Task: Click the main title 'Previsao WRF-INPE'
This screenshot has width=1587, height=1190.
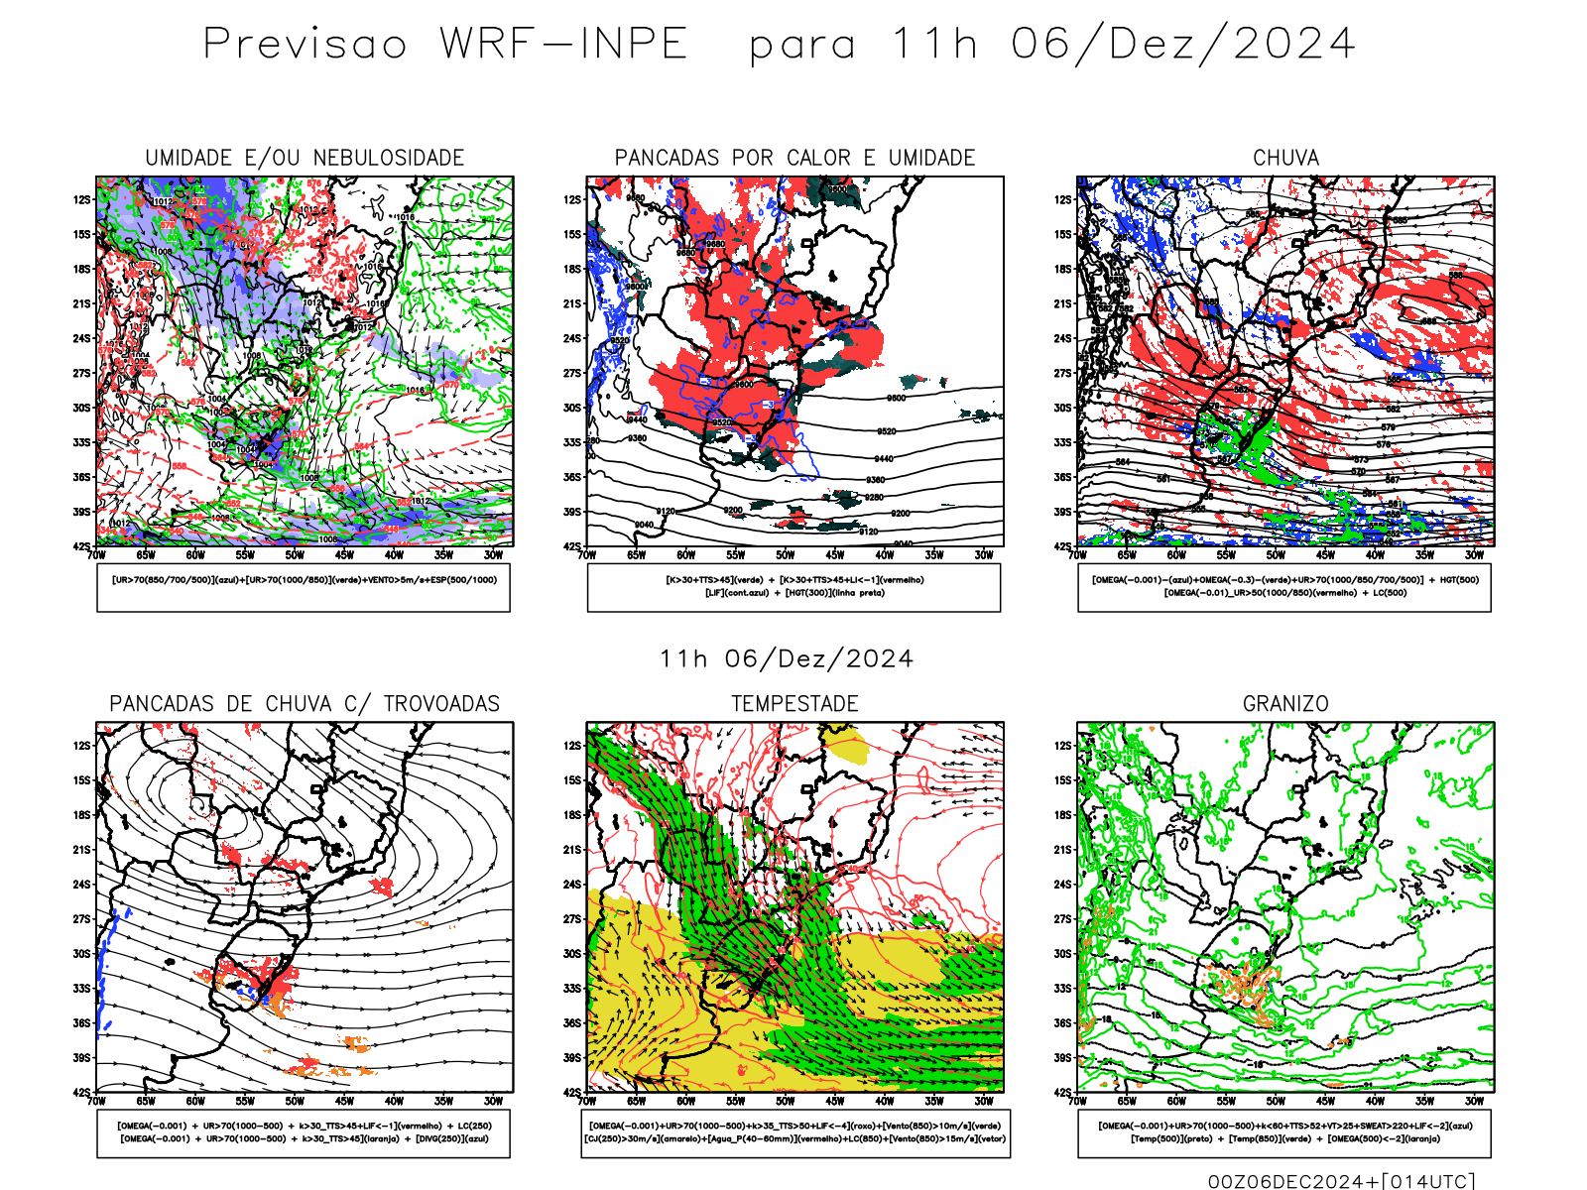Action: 445,45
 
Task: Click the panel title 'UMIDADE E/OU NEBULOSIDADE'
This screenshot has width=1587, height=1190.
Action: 305,158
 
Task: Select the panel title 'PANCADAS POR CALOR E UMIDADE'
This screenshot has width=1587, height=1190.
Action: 794,158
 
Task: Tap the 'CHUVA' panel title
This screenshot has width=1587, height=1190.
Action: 1285,158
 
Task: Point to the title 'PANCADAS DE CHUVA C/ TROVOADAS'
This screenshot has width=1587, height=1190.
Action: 305,704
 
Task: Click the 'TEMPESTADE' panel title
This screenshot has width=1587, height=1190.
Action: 794,704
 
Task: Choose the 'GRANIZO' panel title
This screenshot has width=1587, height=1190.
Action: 1285,704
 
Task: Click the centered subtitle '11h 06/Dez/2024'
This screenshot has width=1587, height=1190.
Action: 787,659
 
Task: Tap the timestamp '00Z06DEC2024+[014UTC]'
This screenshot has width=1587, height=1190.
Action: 1341,1181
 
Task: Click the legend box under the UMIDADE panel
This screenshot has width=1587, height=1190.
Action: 304,588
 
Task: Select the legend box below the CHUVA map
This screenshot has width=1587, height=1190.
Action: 1284,588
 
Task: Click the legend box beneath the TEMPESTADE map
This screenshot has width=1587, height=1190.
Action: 795,1133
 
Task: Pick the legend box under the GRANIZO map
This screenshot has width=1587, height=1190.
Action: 1284,1133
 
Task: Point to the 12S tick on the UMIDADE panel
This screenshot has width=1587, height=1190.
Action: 81,200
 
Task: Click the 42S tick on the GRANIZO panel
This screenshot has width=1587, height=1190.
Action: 1062,1093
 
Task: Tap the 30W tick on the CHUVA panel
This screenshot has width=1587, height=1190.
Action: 1474,555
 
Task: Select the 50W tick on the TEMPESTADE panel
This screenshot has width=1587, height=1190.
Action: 785,1101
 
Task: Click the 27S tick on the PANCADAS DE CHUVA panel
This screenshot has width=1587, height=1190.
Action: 81,919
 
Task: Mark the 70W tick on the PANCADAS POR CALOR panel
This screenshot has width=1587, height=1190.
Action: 587,555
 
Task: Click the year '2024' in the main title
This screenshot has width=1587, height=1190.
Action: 1294,45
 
